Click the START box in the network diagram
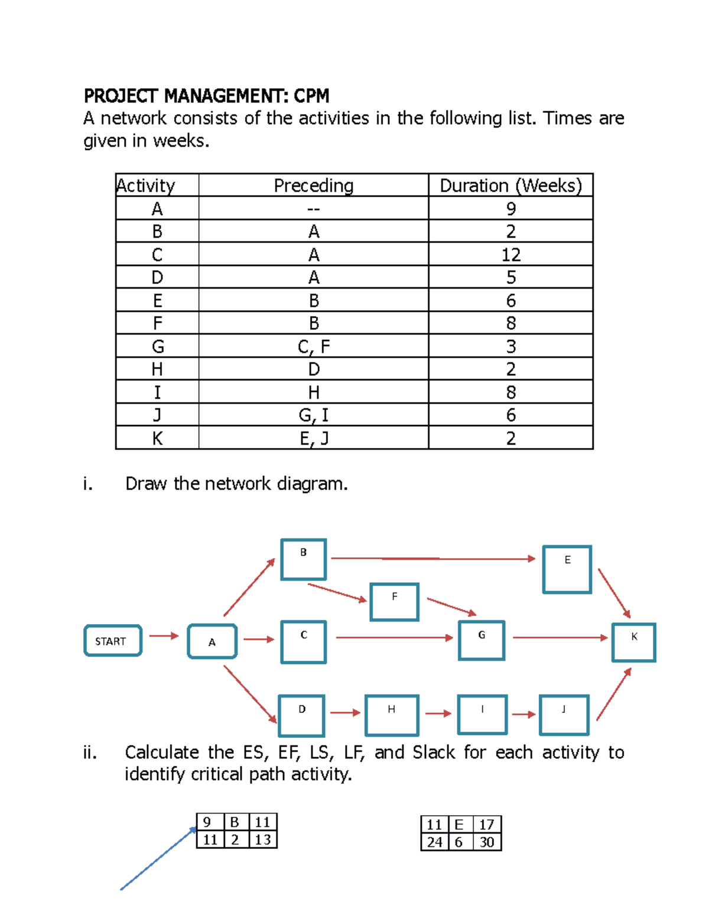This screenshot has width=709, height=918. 113,641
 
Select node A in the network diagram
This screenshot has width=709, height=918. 212,641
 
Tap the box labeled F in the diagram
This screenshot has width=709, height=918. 394,602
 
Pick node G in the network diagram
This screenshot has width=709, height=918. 482,640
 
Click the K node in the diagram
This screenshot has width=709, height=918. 634,642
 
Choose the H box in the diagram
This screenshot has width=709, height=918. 392,715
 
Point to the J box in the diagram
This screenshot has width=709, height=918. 564,715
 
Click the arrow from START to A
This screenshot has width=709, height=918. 164,636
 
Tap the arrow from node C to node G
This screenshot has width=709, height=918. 394,638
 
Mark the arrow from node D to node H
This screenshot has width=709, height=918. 345,713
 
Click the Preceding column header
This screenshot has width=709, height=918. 313,186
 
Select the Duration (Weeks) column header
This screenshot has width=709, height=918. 510,186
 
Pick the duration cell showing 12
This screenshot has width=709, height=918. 510,255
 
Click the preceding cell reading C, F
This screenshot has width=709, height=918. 313,346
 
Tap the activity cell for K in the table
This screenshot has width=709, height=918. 157,439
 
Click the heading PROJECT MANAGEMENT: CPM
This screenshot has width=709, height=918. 206,96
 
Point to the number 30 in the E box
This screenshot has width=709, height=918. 487,842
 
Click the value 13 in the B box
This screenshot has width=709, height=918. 262,839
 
